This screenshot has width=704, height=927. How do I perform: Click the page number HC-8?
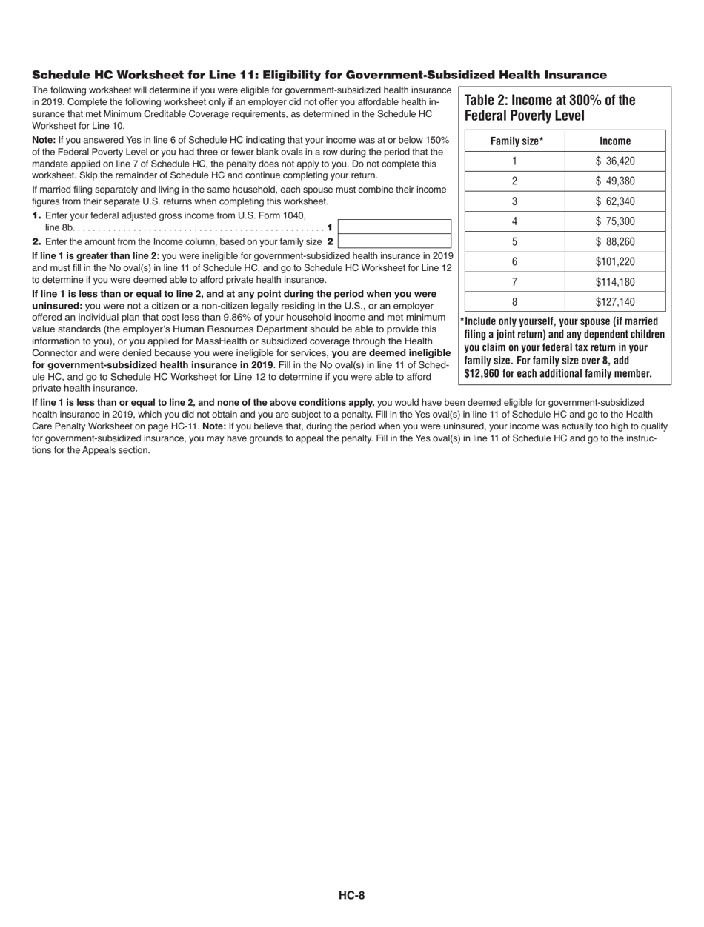[x=352, y=895]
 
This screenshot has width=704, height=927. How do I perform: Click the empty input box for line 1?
[x=394, y=227]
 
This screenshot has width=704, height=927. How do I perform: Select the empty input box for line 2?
[x=394, y=241]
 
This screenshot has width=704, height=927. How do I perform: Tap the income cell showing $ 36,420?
[x=615, y=161]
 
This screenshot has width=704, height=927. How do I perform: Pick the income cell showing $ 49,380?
[x=615, y=181]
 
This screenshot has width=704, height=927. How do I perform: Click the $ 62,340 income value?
[x=615, y=201]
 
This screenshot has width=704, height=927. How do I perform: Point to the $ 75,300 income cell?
[x=615, y=221]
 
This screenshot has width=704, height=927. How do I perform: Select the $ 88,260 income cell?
[x=615, y=241]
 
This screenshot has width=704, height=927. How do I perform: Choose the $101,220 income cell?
[x=615, y=261]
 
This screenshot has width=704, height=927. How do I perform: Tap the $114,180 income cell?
[x=615, y=281]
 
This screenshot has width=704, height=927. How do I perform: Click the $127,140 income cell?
[x=615, y=301]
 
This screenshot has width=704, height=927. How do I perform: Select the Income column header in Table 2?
[x=615, y=141]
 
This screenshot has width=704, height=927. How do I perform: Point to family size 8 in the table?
[x=515, y=301]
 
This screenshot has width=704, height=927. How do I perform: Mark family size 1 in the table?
[x=515, y=161]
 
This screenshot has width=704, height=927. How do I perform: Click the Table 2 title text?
[x=549, y=108]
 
